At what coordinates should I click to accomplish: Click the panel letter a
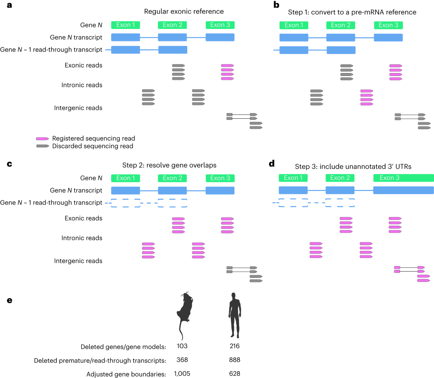pyautogui.click(x=9, y=5)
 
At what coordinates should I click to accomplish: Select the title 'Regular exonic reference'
pyautogui.click(x=184, y=12)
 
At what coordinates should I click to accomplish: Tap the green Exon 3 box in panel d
pyautogui.click(x=403, y=178)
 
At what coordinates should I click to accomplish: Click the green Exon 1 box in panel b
pyautogui.click(x=294, y=25)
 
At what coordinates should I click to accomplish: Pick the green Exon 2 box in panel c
pyautogui.click(x=172, y=178)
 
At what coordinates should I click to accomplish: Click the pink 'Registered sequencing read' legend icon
pyautogui.click(x=42, y=139)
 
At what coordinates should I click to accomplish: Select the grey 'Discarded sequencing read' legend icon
pyautogui.click(x=42, y=146)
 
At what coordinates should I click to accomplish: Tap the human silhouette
pyautogui.click(x=234, y=315)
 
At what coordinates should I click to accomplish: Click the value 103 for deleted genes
pyautogui.click(x=182, y=346)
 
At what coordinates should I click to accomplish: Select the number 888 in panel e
pyautogui.click(x=234, y=360)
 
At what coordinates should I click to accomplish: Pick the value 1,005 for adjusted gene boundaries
pyautogui.click(x=182, y=374)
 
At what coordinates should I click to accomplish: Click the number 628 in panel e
pyautogui.click(x=234, y=374)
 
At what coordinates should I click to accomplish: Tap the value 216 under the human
pyautogui.click(x=234, y=346)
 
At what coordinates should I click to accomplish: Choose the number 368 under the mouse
pyautogui.click(x=182, y=360)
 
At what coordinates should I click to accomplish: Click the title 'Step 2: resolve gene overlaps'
pyautogui.click(x=169, y=165)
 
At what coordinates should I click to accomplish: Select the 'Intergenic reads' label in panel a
pyautogui.click(x=78, y=108)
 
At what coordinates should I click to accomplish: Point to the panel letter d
pyautogui.click(x=272, y=164)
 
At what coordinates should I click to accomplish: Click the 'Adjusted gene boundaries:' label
pyautogui.click(x=126, y=374)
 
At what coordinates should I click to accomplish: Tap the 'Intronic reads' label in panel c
pyautogui.click(x=82, y=238)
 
